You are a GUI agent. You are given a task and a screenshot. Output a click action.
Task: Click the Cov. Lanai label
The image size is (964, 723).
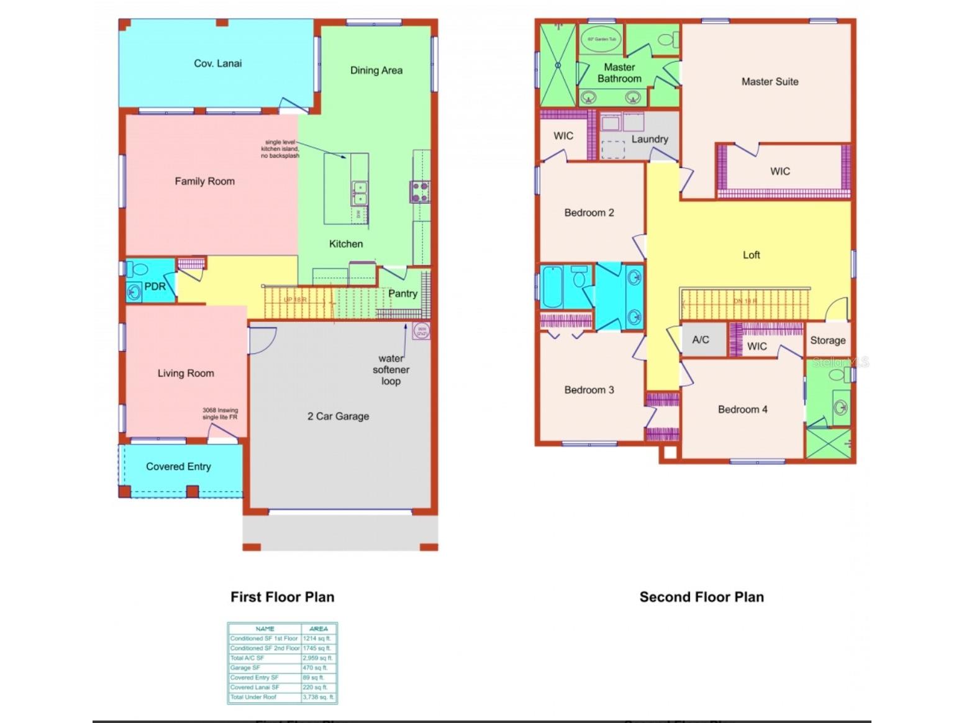point(217,63)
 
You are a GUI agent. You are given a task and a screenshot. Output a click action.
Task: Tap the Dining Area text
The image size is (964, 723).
point(376,70)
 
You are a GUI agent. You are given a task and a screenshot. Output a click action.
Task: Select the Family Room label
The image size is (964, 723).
point(204,181)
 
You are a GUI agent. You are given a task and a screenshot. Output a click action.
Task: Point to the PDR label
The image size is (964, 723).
point(155,286)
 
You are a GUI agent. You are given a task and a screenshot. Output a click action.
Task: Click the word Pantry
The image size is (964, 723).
point(402,293)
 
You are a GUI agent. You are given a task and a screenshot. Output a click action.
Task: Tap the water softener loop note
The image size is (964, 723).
point(391,370)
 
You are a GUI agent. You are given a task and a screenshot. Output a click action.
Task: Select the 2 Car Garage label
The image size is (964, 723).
point(338,416)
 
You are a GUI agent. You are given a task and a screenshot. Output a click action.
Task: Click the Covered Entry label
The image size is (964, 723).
point(178,466)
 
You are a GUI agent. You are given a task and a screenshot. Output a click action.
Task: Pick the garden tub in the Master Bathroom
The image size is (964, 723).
point(601,39)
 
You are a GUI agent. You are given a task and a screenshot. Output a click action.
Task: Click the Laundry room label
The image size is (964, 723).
point(650,139)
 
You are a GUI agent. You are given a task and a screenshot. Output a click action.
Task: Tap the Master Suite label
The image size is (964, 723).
point(770,81)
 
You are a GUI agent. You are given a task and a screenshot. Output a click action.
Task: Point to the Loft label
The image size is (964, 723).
point(751,255)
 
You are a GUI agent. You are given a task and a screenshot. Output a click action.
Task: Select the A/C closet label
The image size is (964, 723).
point(701,340)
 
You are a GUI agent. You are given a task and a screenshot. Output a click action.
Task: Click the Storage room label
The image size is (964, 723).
point(827,340)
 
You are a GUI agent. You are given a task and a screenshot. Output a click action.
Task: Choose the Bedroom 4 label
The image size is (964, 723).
point(742,409)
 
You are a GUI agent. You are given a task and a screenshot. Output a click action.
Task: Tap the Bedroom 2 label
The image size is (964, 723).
point(589,212)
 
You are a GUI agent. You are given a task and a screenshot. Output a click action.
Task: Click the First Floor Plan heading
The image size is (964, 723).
point(282,597)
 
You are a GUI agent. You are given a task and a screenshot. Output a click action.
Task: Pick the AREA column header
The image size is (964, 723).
point(318,629)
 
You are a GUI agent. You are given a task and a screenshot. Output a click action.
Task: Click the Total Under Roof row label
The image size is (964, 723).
point(253,697)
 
